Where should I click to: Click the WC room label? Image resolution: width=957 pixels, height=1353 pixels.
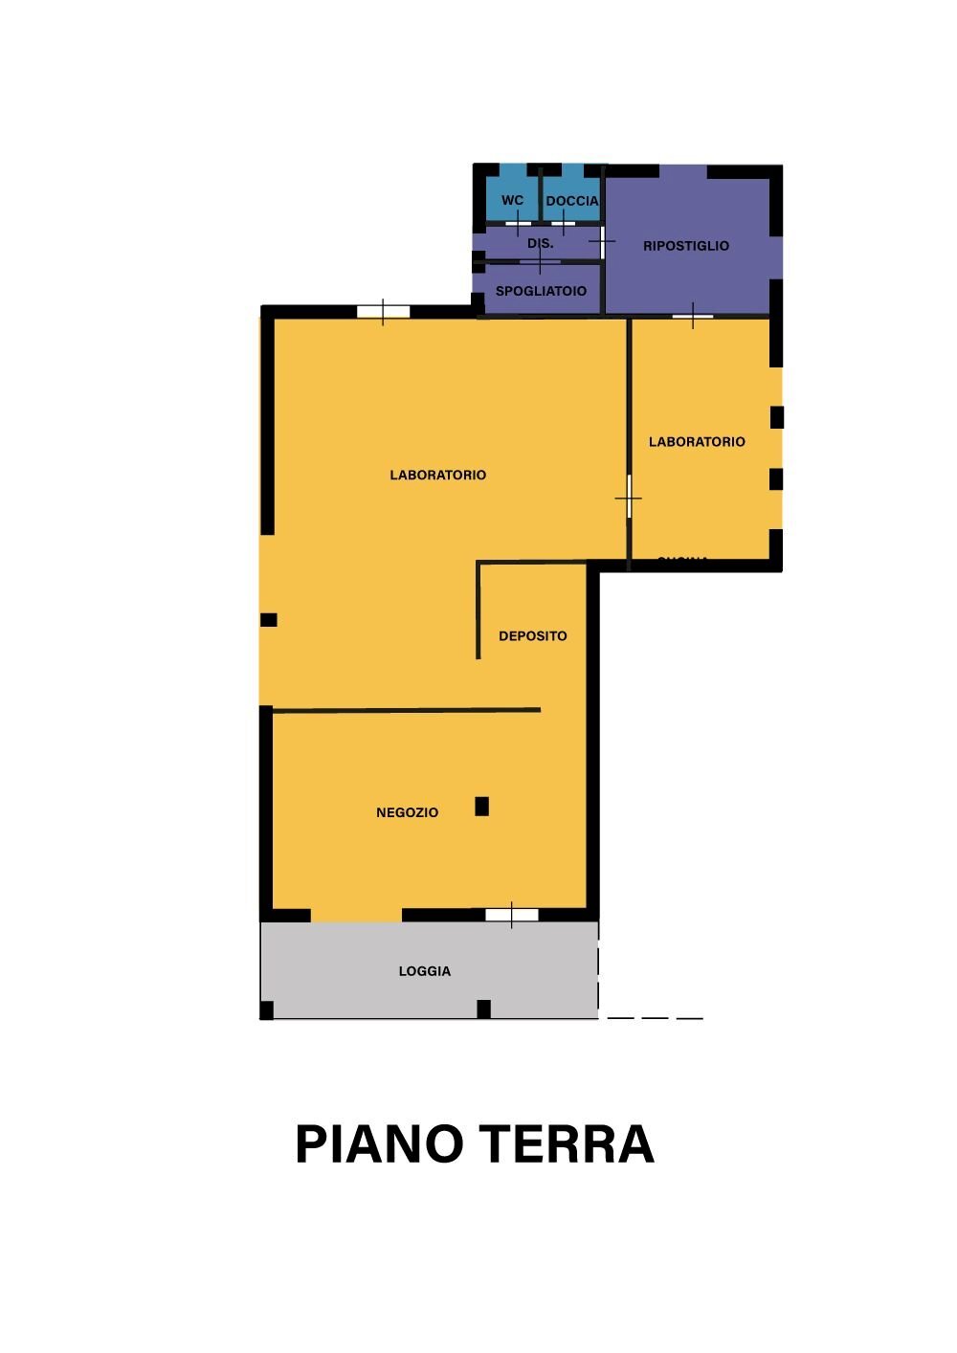click(x=512, y=201)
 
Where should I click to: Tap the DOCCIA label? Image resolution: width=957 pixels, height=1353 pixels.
click(x=572, y=201)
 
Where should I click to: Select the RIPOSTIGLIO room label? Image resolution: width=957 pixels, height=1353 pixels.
click(x=686, y=246)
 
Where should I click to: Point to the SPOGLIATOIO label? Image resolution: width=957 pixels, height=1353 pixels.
click(x=541, y=291)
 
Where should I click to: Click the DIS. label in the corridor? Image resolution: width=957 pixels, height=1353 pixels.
click(x=541, y=244)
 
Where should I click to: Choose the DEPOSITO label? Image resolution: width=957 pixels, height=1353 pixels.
click(x=533, y=636)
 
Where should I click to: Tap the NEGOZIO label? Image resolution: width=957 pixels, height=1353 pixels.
click(x=407, y=812)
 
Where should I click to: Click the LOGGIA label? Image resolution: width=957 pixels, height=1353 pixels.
click(x=425, y=971)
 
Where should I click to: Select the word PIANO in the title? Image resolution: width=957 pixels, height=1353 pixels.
click(x=379, y=1144)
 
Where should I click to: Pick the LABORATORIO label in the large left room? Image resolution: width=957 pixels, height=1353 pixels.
click(x=438, y=475)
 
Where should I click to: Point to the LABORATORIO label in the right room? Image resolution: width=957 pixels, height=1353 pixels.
click(x=697, y=442)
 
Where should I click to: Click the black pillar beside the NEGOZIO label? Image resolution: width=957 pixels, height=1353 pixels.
click(x=482, y=807)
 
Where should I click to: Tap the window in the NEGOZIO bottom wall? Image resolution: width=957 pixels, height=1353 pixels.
click(x=511, y=915)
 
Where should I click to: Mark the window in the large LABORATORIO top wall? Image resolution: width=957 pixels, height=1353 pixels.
click(x=383, y=311)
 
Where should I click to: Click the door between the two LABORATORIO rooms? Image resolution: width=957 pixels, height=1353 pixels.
click(x=629, y=498)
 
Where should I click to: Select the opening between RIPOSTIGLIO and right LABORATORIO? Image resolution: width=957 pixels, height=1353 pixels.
click(x=693, y=315)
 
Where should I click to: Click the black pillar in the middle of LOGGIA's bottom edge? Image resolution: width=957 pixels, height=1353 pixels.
click(x=484, y=1009)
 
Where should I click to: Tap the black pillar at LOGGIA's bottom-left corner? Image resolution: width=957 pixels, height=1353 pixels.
click(x=267, y=1009)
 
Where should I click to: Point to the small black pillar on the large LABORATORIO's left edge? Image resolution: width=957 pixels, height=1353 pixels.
click(x=269, y=620)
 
